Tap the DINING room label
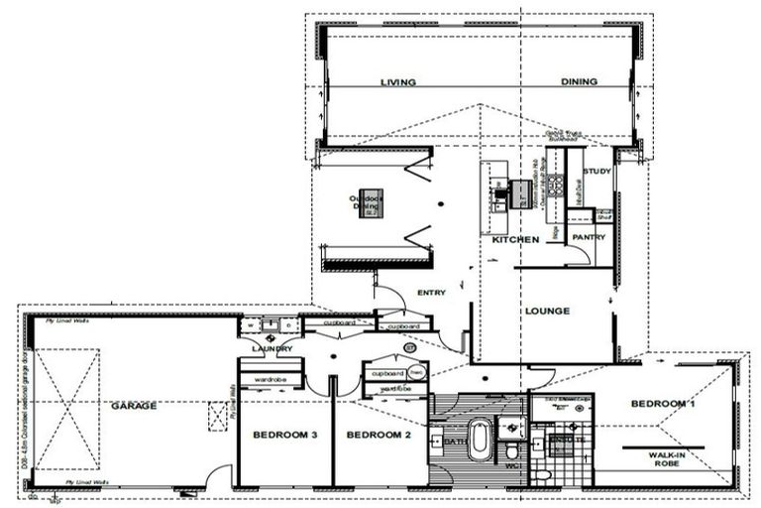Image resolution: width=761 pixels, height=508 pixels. (x=579, y=82)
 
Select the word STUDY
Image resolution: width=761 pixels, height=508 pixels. (x=598, y=172)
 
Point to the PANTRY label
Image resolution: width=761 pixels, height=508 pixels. (x=589, y=237)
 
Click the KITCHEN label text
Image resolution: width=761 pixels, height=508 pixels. (x=515, y=240)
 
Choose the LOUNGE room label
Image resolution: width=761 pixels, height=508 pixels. (x=548, y=312)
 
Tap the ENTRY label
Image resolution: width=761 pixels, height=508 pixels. (x=432, y=293)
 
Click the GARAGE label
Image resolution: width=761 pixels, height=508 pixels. (x=134, y=406)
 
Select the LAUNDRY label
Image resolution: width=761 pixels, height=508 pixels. (x=272, y=349)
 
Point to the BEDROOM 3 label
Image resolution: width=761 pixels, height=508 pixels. (x=284, y=436)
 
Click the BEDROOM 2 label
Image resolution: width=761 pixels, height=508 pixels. (x=377, y=436)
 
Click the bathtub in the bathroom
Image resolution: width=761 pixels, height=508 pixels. (x=480, y=440)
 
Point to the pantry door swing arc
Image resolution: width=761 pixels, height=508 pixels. (x=575, y=255)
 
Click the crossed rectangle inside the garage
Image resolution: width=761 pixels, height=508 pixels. (x=67, y=410)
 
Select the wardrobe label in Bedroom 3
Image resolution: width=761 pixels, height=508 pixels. (x=271, y=379)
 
